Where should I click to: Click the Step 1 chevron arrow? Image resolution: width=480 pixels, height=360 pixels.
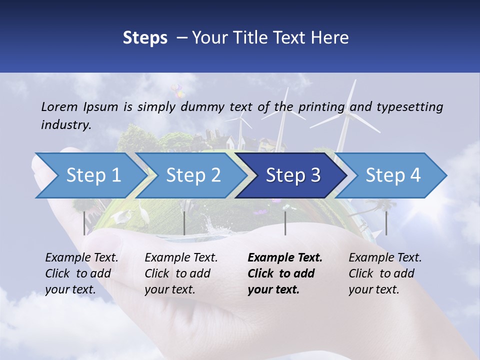[x=90, y=175]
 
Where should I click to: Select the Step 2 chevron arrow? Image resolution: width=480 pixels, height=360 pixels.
[x=193, y=175]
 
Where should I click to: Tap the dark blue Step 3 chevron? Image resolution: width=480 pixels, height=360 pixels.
[x=292, y=175]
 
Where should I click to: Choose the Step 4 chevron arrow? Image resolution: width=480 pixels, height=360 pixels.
[x=393, y=175]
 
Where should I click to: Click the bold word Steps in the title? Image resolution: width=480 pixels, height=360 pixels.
[x=145, y=38]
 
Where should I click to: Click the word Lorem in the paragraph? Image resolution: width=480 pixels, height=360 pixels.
[x=59, y=106]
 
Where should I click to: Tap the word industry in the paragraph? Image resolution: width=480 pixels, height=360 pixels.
[x=66, y=125]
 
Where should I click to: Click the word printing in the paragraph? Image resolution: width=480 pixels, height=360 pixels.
[x=321, y=106]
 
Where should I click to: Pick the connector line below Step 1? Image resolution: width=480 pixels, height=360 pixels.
[x=84, y=223]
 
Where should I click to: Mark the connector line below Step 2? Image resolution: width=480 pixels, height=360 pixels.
[x=184, y=223]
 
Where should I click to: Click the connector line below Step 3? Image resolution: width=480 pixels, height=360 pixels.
[x=285, y=223]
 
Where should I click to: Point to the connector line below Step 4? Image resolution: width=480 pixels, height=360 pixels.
[x=386, y=223]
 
